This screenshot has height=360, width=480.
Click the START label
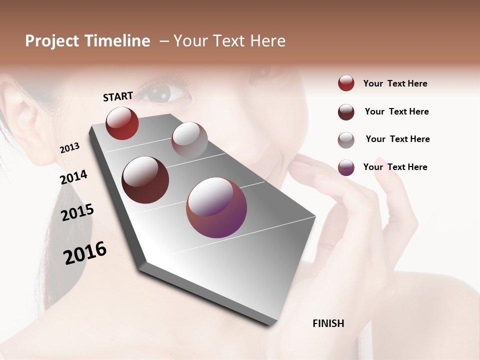118,96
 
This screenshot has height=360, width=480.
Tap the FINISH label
328,323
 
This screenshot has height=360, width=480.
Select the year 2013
69,148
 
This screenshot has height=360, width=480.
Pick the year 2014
73,177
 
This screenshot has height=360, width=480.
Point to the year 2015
77,212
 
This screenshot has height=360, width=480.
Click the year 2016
85,252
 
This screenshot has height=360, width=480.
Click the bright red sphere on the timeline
122,123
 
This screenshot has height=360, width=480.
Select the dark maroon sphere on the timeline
145,180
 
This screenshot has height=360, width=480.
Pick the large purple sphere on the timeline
216,207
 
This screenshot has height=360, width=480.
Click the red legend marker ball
346,83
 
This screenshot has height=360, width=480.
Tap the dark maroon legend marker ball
346,112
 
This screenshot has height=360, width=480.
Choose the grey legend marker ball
346,140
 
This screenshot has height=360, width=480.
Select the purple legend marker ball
346,167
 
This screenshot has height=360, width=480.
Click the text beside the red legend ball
395,83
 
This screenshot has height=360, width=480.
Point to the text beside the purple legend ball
395,167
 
